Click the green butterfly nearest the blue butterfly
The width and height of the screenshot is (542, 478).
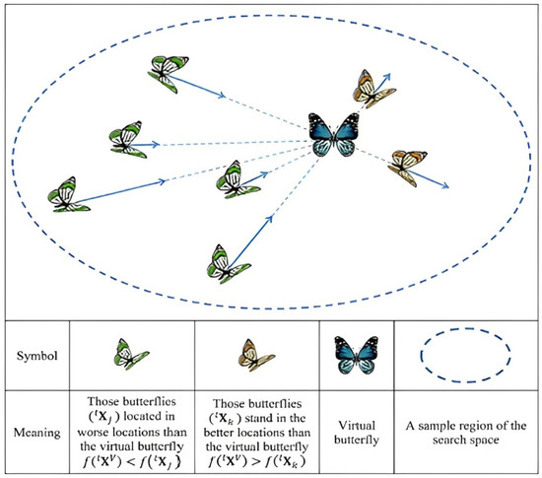(x=237, y=180)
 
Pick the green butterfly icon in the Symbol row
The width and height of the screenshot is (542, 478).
(x=130, y=353)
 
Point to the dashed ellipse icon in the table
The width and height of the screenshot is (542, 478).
(x=466, y=353)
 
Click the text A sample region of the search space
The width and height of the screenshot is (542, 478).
(x=466, y=432)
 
